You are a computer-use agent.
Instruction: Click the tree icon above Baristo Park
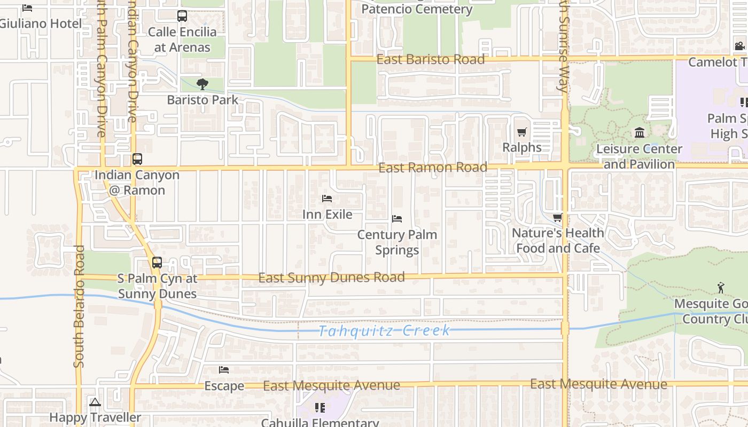(x=202, y=84)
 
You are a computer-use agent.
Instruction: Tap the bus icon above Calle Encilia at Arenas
(x=182, y=16)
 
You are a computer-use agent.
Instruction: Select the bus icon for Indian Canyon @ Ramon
(x=137, y=159)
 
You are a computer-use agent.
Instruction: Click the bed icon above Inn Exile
(x=327, y=199)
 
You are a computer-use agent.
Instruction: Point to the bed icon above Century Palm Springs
(x=396, y=219)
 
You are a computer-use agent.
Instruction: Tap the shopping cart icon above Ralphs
(x=521, y=132)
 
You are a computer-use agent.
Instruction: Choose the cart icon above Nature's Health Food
(x=558, y=217)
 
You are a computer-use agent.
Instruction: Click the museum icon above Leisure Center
(x=639, y=132)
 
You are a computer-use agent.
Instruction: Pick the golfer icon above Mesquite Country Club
(x=721, y=288)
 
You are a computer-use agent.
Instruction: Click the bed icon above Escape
(x=224, y=369)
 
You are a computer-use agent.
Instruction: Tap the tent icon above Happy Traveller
(x=95, y=402)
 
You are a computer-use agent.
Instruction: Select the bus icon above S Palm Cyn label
(x=157, y=263)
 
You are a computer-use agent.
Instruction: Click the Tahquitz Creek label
(x=385, y=331)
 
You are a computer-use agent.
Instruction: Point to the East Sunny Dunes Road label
(x=331, y=278)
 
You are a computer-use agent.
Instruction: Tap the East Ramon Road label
(x=433, y=168)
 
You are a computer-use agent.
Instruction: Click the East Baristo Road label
(x=431, y=59)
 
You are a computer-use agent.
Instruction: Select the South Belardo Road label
(x=79, y=306)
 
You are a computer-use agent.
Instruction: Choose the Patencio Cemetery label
(x=417, y=9)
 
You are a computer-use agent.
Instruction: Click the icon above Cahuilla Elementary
(x=320, y=408)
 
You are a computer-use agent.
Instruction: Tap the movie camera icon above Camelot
(x=739, y=46)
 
